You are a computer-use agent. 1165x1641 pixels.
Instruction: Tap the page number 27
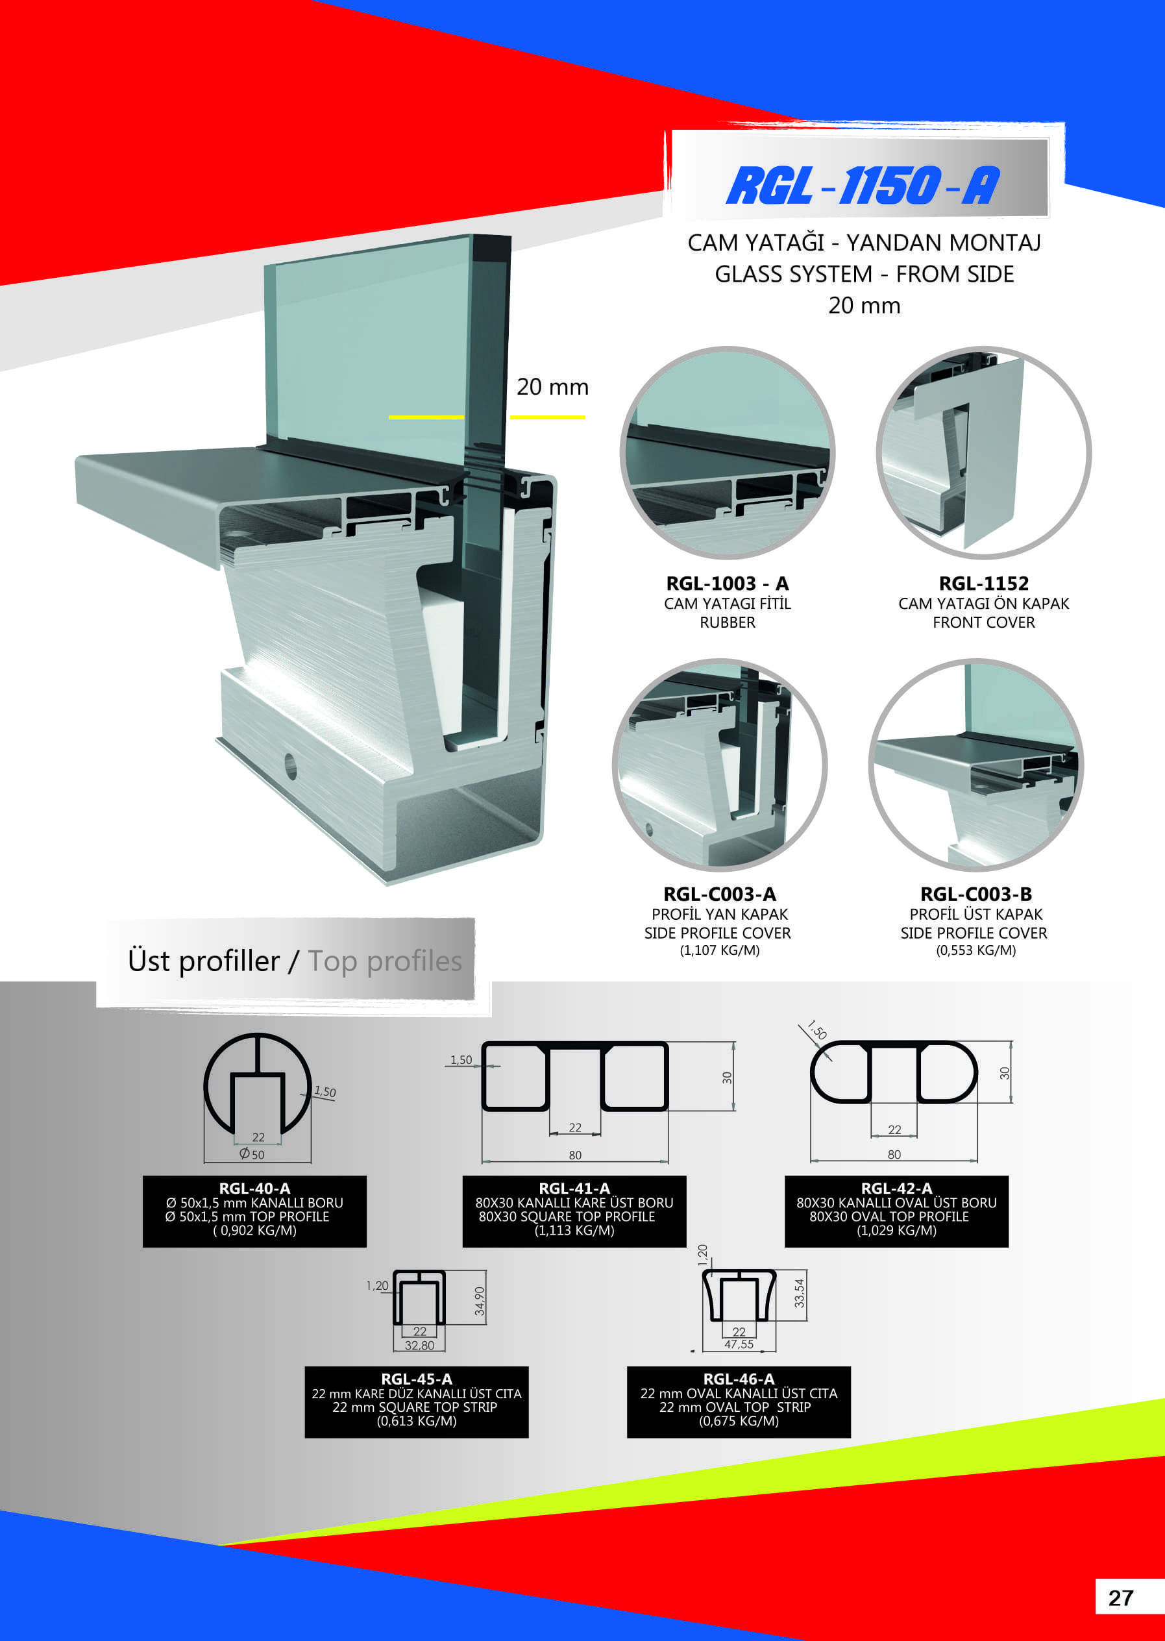click(1120, 1598)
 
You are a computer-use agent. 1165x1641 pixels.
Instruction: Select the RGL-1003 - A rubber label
click(728, 603)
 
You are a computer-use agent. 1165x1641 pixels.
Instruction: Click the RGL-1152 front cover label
click(983, 603)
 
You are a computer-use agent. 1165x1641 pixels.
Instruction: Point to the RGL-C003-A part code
click(720, 894)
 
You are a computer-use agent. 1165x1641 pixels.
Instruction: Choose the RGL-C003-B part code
click(975, 894)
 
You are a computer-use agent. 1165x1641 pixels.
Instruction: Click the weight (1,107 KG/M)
click(720, 950)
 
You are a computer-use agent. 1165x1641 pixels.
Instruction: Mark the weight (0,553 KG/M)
click(975, 950)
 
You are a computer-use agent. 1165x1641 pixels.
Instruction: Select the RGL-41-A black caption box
click(574, 1211)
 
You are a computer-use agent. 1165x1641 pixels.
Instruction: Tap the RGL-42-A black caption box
click(896, 1211)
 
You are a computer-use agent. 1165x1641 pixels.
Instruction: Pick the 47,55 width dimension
click(739, 1344)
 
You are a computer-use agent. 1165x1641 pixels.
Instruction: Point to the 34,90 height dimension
click(479, 1301)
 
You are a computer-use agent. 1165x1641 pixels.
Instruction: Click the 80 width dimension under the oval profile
click(894, 1155)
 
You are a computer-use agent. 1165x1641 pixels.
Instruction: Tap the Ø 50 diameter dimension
click(252, 1154)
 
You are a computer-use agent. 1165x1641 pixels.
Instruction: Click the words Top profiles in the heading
click(384, 961)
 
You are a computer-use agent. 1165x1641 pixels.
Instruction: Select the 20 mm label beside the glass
click(552, 387)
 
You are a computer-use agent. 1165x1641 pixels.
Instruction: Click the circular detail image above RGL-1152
click(983, 452)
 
